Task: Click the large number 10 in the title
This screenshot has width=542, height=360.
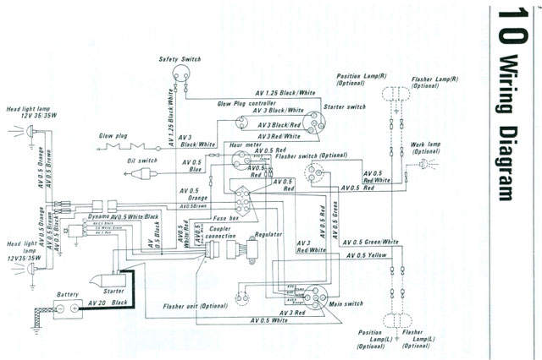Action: pos(508,25)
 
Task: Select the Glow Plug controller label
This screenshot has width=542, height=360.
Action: pos(249,102)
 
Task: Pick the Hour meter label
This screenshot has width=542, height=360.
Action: pos(243,145)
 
